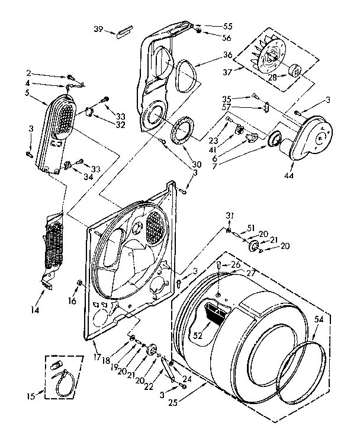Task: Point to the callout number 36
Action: (211, 55)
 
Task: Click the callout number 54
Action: (319, 319)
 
